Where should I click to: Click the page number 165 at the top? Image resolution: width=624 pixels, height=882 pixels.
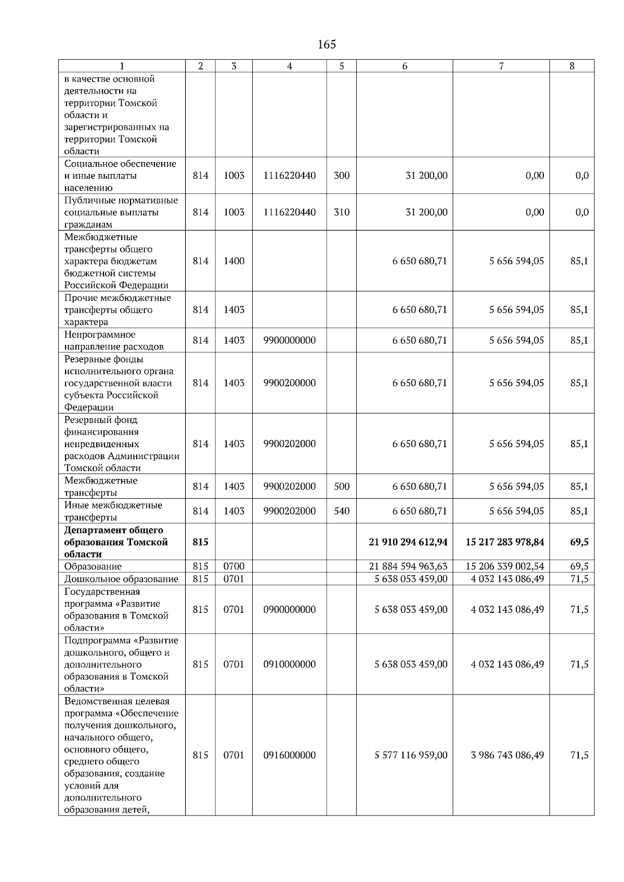point(327,45)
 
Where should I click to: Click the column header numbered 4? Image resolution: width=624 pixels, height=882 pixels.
point(289,66)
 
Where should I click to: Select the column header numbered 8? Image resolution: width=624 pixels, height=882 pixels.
point(572,66)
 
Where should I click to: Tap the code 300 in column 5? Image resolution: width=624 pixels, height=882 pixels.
point(341,176)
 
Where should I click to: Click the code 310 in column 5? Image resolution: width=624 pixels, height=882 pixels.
point(341,212)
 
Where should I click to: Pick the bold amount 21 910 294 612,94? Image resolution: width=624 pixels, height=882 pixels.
point(408,542)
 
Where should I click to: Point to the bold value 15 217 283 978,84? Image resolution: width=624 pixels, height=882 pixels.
point(504,542)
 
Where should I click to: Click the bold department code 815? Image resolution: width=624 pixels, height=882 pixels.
point(200,542)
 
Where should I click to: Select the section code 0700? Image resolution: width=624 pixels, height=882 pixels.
point(233,566)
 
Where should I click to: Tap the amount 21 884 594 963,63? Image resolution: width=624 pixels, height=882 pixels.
point(408,566)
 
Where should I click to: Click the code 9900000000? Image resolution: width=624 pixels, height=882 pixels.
point(289,340)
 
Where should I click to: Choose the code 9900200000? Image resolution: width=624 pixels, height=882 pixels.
point(289,383)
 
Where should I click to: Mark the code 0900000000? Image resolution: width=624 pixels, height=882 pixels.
point(289,609)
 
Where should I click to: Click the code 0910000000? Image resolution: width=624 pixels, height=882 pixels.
point(289,664)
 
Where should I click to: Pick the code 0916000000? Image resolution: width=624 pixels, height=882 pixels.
point(289,755)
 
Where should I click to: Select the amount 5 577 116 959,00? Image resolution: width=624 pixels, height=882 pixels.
point(411,755)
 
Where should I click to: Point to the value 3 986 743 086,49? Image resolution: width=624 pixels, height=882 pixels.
point(508,755)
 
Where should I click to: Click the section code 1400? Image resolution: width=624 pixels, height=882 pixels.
point(233,261)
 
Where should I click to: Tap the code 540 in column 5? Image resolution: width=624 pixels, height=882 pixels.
point(341,511)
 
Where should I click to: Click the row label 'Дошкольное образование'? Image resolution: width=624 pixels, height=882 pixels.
point(121,579)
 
